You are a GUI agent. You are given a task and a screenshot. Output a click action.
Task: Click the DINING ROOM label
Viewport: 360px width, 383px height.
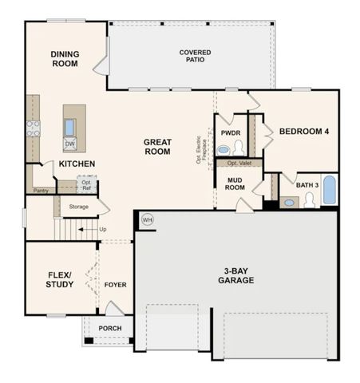pyautogui.click(x=65, y=58)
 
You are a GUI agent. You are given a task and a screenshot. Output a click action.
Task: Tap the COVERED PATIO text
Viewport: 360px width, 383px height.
pyautogui.click(x=195, y=56)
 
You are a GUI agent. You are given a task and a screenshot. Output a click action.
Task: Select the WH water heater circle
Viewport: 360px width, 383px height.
pyautogui.click(x=147, y=219)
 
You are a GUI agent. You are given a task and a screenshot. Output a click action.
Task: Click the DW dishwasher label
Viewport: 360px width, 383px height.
pyautogui.click(x=70, y=144)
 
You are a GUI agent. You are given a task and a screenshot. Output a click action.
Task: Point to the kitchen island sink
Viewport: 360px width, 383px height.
pyautogui.click(x=70, y=126)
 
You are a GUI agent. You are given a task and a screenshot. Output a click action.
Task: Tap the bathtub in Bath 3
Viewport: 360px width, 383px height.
pyautogui.click(x=329, y=191)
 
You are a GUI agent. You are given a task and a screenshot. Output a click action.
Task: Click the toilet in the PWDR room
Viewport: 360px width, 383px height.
pyautogui.click(x=238, y=148)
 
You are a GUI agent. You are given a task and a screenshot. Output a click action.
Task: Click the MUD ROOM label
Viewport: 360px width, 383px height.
pyautogui.click(x=235, y=184)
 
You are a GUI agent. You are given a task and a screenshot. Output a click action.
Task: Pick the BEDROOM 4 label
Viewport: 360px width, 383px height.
pyautogui.click(x=303, y=132)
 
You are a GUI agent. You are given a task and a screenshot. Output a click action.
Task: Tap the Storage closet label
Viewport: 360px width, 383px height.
pyautogui.click(x=78, y=207)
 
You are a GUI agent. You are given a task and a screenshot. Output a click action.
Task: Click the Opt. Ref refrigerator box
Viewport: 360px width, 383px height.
pyautogui.click(x=87, y=184)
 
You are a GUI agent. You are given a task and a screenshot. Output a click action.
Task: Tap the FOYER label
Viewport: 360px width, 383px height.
pyautogui.click(x=116, y=285)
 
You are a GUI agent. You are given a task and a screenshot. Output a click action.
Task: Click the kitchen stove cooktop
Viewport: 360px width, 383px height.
pyautogui.click(x=33, y=128)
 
